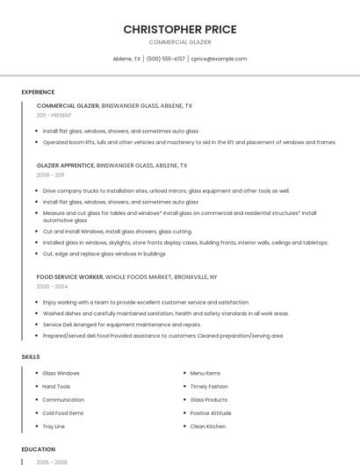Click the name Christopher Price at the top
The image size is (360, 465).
[x=180, y=29]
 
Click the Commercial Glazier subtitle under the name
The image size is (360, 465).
[x=180, y=42]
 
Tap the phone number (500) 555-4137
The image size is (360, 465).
[x=165, y=59]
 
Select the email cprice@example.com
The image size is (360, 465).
[x=219, y=59]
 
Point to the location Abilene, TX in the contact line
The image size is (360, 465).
[x=126, y=59]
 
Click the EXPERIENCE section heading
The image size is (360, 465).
[x=38, y=92]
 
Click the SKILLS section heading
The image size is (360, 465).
[x=31, y=357]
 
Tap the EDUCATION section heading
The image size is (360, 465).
[x=38, y=449]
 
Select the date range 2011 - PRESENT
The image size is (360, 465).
[x=54, y=115]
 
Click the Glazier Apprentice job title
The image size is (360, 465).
[x=65, y=165]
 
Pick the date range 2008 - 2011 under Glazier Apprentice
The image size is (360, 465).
[x=50, y=175]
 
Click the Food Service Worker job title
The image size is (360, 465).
[x=69, y=276]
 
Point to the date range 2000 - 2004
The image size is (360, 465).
[x=51, y=286]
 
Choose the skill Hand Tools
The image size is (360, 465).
[x=56, y=386]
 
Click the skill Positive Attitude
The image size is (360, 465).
[x=211, y=413]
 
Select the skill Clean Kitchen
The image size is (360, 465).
[x=208, y=426]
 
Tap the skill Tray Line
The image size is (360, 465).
[x=54, y=426]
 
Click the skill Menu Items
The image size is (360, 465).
[x=205, y=373]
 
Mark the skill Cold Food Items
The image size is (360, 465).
[x=63, y=413]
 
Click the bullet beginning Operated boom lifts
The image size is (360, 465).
[x=189, y=142]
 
